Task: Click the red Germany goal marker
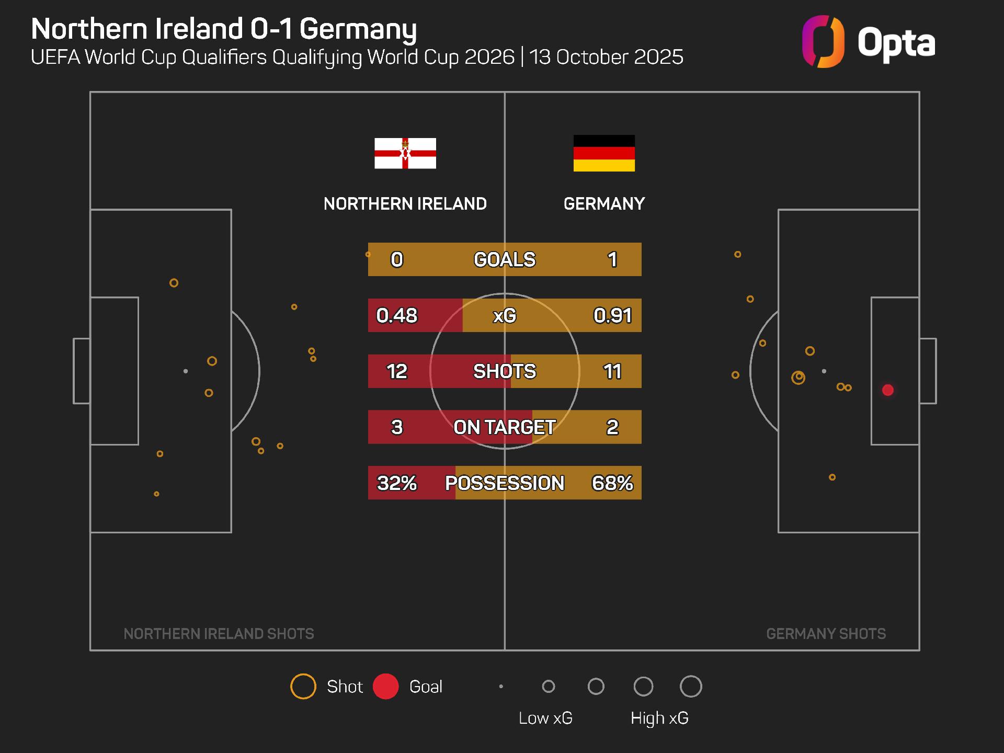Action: click(x=887, y=390)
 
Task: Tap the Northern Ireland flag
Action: click(x=405, y=153)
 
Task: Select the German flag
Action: click(x=604, y=153)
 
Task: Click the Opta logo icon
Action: click(x=823, y=42)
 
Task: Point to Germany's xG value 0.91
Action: click(x=612, y=315)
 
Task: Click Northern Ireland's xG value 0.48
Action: click(x=397, y=315)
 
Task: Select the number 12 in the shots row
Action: click(x=397, y=371)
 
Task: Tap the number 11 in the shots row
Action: click(x=612, y=371)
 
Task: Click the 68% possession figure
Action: click(x=612, y=483)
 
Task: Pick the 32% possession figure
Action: click(x=397, y=483)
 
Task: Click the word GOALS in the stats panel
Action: click(x=505, y=259)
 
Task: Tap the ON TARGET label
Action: click(x=505, y=427)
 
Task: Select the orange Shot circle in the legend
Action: click(x=303, y=687)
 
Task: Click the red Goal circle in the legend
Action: click(x=386, y=687)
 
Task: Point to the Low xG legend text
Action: click(x=545, y=718)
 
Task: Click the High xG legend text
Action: click(x=659, y=718)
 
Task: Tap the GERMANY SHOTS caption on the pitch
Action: click(x=826, y=634)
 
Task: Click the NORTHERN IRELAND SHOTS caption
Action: click(x=219, y=634)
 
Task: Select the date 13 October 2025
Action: click(x=606, y=57)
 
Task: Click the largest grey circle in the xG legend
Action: click(x=691, y=687)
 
